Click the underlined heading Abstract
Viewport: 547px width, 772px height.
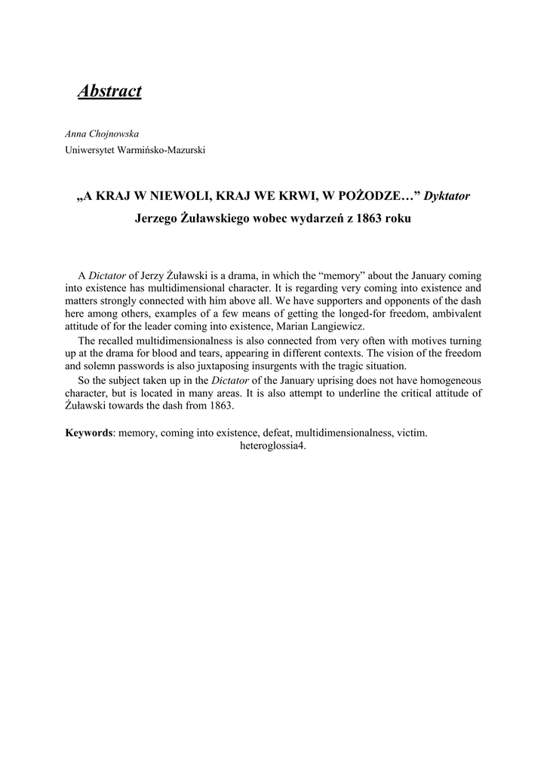tap(109, 91)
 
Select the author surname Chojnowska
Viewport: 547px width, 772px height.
tap(114, 133)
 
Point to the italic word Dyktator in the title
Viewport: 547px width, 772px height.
tap(447, 196)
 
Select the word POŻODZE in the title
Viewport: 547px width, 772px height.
tap(373, 196)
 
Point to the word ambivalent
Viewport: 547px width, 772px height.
tap(455, 313)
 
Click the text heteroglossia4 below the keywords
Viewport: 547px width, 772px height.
tap(272, 444)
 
